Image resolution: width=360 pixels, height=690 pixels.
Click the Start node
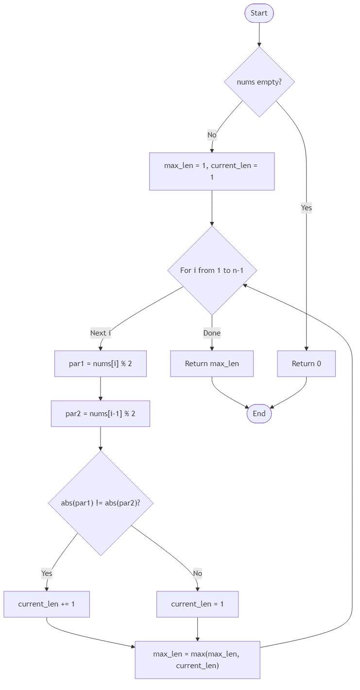pyautogui.click(x=259, y=13)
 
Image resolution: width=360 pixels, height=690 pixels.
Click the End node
pyautogui.click(x=259, y=414)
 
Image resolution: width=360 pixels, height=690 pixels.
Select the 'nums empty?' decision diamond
pyautogui.click(x=259, y=82)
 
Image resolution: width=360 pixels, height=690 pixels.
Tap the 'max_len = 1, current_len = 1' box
pyautogui.click(x=212, y=171)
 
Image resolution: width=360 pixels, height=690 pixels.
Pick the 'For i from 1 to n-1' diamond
pyautogui.click(x=212, y=270)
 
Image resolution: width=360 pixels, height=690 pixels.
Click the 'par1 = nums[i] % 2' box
pyautogui.click(x=101, y=364)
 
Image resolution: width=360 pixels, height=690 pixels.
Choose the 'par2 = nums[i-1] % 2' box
pyautogui.click(x=101, y=414)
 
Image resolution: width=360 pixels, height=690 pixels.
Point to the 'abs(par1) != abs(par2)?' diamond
pyautogui.click(x=101, y=503)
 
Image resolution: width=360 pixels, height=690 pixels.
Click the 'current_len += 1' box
pyautogui.click(x=47, y=604)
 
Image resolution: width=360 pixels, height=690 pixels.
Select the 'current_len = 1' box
pyautogui.click(x=198, y=604)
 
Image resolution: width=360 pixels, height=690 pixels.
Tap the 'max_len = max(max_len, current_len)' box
pyautogui.click(x=197, y=660)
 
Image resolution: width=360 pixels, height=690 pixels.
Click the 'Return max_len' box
pyautogui.click(x=212, y=364)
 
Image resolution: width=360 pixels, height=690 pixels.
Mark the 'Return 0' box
pyautogui.click(x=307, y=364)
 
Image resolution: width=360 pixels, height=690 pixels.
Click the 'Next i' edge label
pyautogui.click(x=101, y=333)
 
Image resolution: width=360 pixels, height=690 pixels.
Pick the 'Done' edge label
pyautogui.click(x=212, y=333)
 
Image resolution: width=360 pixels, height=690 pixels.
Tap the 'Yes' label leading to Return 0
pyautogui.click(x=307, y=208)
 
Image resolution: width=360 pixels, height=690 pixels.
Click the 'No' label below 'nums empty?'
pyautogui.click(x=212, y=135)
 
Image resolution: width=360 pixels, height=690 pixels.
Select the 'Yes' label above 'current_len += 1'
pyautogui.click(x=47, y=573)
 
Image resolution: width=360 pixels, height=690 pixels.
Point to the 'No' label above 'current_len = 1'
pyautogui.click(x=197, y=573)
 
